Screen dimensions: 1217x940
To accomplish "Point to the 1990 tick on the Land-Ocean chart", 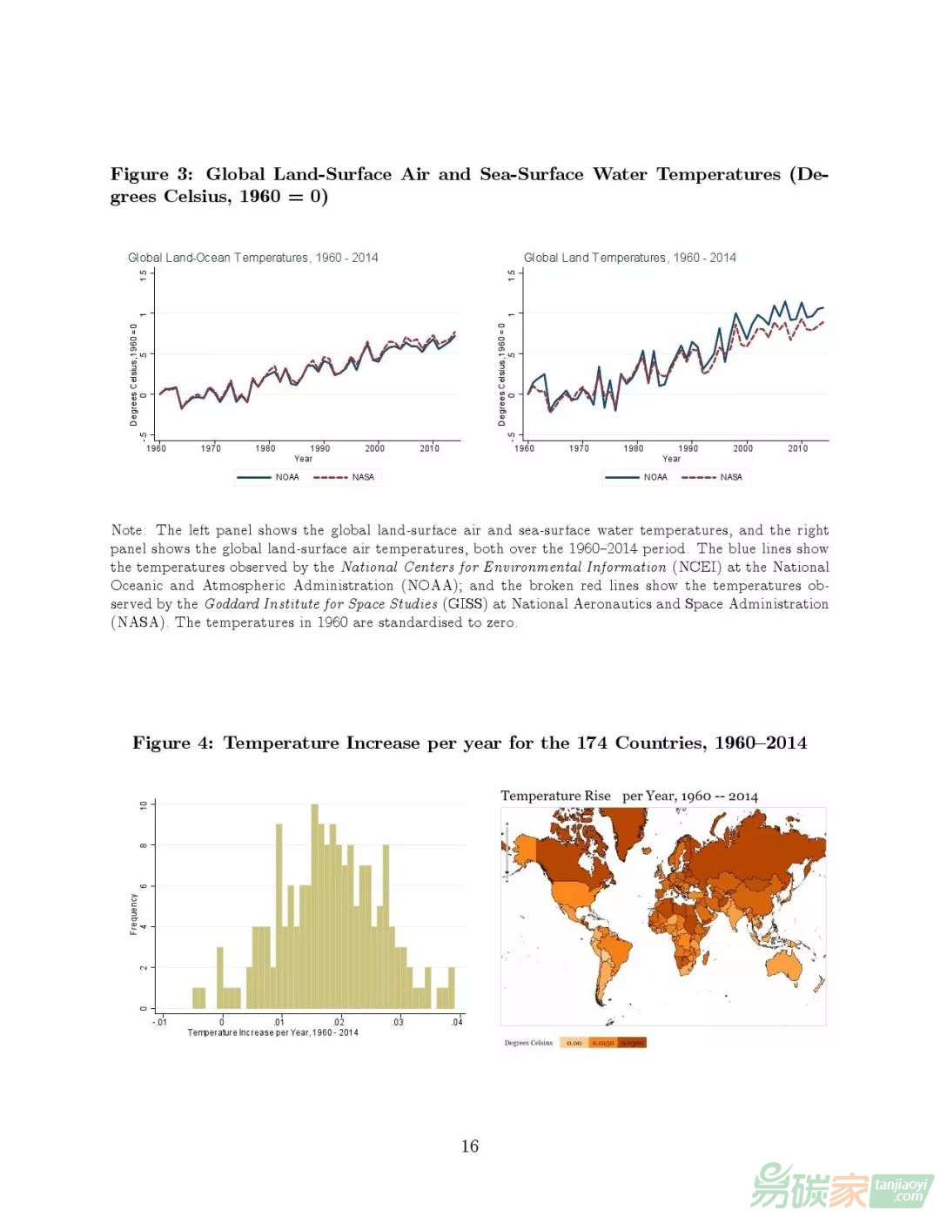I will (x=320, y=448).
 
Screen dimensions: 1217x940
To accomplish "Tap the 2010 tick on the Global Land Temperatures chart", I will (x=797, y=448).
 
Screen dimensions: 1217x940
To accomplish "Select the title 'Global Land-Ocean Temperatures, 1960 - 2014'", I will (x=252, y=258).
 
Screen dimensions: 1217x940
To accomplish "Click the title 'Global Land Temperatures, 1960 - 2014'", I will (x=629, y=258).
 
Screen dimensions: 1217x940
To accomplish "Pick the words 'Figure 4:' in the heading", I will (x=172, y=743).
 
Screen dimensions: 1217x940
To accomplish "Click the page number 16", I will (x=470, y=1146).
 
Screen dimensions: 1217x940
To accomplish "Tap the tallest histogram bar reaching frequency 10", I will (x=314, y=905).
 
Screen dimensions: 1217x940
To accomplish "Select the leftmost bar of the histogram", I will (x=198, y=998).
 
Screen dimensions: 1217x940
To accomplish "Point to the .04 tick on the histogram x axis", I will (x=457, y=1022).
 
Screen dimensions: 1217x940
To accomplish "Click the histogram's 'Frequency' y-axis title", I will (x=134, y=913).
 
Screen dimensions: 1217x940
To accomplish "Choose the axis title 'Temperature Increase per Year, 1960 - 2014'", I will (x=272, y=1032).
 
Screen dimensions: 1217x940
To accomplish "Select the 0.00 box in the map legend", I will (x=574, y=1042).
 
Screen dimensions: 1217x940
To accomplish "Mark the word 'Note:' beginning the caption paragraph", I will (x=128, y=530).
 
